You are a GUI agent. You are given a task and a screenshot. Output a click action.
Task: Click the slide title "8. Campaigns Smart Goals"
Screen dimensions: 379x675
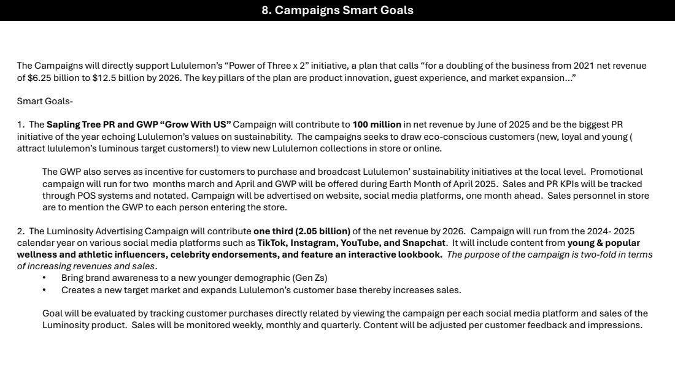[x=337, y=10]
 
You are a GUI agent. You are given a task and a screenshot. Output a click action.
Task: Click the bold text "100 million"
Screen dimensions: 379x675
[x=377, y=125]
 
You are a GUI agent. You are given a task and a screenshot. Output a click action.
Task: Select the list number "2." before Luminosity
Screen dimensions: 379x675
[x=21, y=231]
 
